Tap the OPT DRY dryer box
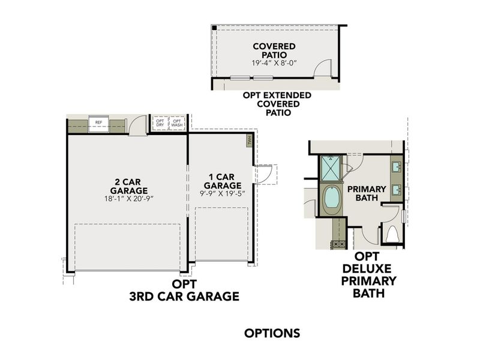click(160, 123)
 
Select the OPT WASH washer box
click(177, 123)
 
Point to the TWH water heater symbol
click(249, 140)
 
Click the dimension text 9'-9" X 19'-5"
click(222, 194)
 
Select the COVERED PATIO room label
click(274, 50)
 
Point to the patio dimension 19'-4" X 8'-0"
click(274, 62)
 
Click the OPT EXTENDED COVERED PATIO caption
click(277, 104)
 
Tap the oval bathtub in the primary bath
click(332, 199)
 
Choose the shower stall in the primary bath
click(331, 168)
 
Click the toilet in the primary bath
click(393, 234)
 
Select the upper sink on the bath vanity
click(397, 166)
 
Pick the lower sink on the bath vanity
click(397, 190)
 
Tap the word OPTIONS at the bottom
click(272, 333)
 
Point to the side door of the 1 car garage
click(264, 174)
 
